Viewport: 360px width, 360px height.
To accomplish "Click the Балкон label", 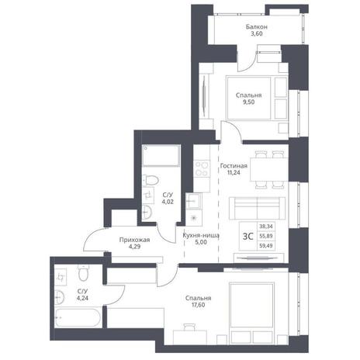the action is coord(257,26).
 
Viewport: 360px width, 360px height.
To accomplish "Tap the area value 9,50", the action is coord(248,102).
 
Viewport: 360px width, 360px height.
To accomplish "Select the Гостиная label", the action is coord(234,166).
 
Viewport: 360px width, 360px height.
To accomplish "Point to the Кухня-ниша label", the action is coord(201,236).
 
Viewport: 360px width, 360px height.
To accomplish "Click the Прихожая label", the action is coord(134,240).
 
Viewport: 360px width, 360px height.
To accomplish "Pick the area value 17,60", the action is coord(199,305).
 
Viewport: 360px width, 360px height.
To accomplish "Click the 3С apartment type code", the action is coord(248,236).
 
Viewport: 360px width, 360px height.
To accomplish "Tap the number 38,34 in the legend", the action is coord(266,227).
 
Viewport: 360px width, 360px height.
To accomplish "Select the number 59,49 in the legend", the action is coord(266,246).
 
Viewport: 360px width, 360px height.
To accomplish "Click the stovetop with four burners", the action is coord(202,168).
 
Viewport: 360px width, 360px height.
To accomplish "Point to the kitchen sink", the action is coord(192,201).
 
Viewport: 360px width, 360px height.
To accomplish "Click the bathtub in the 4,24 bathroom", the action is coord(78,317).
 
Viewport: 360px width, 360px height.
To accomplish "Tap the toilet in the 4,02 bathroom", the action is coord(151,180).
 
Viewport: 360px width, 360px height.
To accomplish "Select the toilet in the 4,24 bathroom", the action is coord(84,273).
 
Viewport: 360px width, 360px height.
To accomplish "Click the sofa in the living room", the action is coord(257,209).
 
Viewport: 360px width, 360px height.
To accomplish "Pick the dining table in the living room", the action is coord(269,170).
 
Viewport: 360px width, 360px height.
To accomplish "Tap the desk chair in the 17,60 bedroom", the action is coord(189,327).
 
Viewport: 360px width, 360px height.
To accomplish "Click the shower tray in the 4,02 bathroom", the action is coord(161,156).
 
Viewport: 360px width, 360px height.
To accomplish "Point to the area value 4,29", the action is coord(134,247).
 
